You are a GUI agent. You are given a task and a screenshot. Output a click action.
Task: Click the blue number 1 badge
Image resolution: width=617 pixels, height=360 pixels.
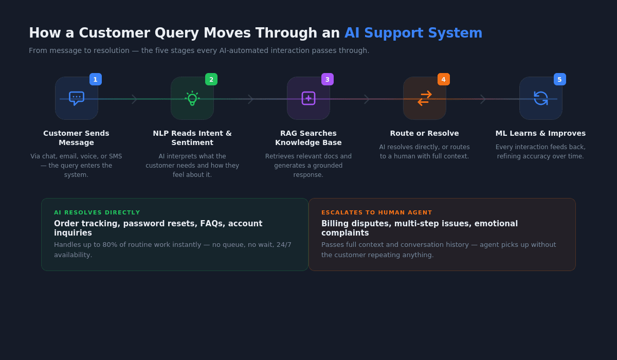96,79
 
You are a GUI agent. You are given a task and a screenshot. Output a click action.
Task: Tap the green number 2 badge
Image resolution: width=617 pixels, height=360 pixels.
211,79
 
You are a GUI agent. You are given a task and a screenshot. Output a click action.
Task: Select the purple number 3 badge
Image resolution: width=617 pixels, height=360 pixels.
328,79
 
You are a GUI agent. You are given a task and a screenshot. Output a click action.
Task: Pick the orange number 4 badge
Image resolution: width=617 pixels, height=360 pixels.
444,79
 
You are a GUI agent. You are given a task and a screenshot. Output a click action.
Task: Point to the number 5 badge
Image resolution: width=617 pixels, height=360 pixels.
560,79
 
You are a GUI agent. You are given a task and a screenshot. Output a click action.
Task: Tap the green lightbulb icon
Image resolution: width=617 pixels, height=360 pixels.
192,98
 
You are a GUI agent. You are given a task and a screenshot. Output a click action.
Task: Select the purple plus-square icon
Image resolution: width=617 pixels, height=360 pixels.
308,98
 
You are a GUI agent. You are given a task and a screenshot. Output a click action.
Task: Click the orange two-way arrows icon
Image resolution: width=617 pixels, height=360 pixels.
425,98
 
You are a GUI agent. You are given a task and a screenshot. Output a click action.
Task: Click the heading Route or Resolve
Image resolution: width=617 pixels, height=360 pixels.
425,133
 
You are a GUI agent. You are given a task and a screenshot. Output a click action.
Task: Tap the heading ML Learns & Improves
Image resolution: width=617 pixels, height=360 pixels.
540,133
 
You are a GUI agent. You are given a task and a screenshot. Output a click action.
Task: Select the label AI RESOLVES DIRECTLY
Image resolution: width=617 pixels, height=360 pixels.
97,212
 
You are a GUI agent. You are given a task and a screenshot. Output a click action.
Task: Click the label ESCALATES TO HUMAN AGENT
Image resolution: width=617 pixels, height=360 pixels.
376,212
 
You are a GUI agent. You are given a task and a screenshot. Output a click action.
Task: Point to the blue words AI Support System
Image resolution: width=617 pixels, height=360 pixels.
413,33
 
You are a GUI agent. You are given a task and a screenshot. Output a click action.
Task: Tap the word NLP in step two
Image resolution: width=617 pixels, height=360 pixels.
161,133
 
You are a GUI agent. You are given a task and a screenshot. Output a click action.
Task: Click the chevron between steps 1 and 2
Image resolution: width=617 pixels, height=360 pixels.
134,99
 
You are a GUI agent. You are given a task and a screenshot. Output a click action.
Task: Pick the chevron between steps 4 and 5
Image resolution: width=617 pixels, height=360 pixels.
483,99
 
